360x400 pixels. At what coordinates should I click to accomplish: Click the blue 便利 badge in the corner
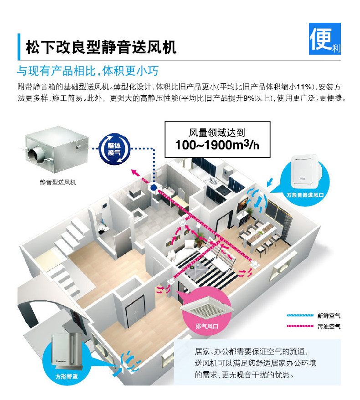325,39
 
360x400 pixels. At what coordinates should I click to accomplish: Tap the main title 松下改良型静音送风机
101,47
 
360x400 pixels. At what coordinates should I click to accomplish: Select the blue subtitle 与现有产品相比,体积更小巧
88,71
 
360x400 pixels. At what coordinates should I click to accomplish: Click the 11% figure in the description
304,87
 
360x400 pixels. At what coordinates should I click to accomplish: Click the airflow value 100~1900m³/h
217,145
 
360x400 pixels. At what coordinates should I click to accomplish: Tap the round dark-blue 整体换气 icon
114,149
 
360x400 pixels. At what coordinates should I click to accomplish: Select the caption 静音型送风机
58,182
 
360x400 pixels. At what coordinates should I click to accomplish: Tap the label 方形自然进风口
305,195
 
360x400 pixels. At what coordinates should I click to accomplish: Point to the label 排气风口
207,326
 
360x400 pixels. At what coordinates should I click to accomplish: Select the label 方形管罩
67,376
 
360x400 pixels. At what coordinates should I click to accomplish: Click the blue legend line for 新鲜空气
300,316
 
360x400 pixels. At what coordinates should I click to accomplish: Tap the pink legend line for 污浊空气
300,326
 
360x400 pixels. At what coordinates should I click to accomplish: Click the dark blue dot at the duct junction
154,188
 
